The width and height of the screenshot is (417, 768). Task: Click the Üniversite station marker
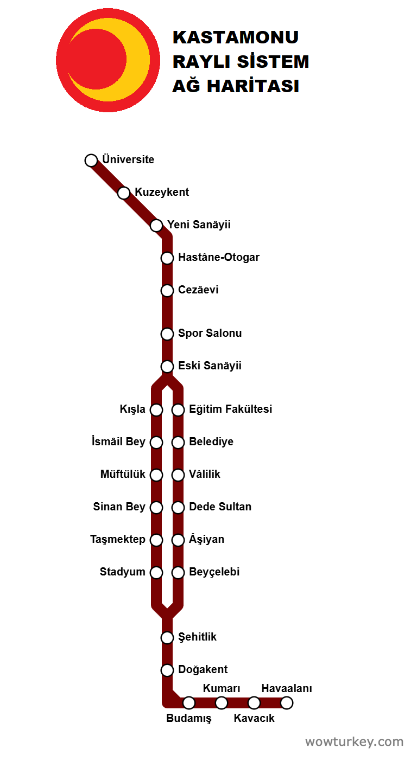click(x=91, y=161)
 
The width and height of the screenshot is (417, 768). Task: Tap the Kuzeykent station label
click(x=162, y=193)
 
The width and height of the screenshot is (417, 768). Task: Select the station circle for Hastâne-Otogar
click(x=167, y=258)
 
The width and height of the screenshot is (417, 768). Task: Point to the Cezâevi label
click(x=198, y=290)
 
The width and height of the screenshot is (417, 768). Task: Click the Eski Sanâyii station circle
click(x=167, y=367)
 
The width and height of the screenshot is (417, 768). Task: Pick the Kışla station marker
click(x=156, y=410)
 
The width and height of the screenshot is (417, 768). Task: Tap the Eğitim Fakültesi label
click(x=230, y=409)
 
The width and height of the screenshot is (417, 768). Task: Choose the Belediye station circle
click(x=178, y=443)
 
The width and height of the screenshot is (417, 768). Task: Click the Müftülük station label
click(x=123, y=475)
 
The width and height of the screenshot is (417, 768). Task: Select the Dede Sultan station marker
click(x=178, y=508)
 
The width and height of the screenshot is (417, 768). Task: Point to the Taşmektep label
click(x=118, y=540)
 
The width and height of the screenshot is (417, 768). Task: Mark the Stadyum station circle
click(x=156, y=573)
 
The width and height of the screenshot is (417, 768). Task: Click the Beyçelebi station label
click(x=214, y=572)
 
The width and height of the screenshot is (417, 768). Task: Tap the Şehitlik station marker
click(x=167, y=638)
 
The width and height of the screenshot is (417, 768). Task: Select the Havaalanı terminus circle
click(x=287, y=703)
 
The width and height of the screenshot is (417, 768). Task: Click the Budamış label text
click(x=188, y=719)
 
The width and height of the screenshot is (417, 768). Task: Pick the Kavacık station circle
click(x=254, y=703)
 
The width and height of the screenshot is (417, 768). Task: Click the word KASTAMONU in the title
click(x=236, y=37)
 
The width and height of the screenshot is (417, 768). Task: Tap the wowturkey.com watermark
click(x=354, y=742)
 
